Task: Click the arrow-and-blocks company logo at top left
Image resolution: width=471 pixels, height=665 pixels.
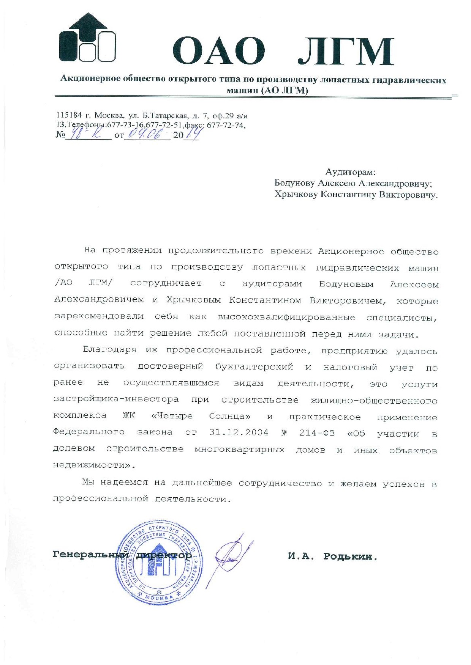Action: point(87,38)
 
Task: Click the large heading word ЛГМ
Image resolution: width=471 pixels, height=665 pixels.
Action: point(345,51)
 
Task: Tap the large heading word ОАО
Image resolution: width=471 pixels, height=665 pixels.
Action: point(219,51)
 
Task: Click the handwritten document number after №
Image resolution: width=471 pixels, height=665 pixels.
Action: point(86,134)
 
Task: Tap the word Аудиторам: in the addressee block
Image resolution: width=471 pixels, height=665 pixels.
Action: point(350,172)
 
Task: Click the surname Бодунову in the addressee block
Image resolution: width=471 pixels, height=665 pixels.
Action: point(294,183)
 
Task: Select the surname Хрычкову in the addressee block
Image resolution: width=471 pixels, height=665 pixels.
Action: point(296,195)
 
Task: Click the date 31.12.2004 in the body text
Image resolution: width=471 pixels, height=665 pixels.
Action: point(239,432)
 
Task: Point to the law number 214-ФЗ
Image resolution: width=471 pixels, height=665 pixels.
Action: point(317,433)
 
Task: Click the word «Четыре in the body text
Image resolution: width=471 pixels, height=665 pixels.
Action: point(172,416)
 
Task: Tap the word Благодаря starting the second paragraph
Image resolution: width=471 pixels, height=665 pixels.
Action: point(110,350)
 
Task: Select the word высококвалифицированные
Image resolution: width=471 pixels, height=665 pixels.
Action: point(286,317)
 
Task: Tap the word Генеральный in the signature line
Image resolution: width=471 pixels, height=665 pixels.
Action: point(90,555)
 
